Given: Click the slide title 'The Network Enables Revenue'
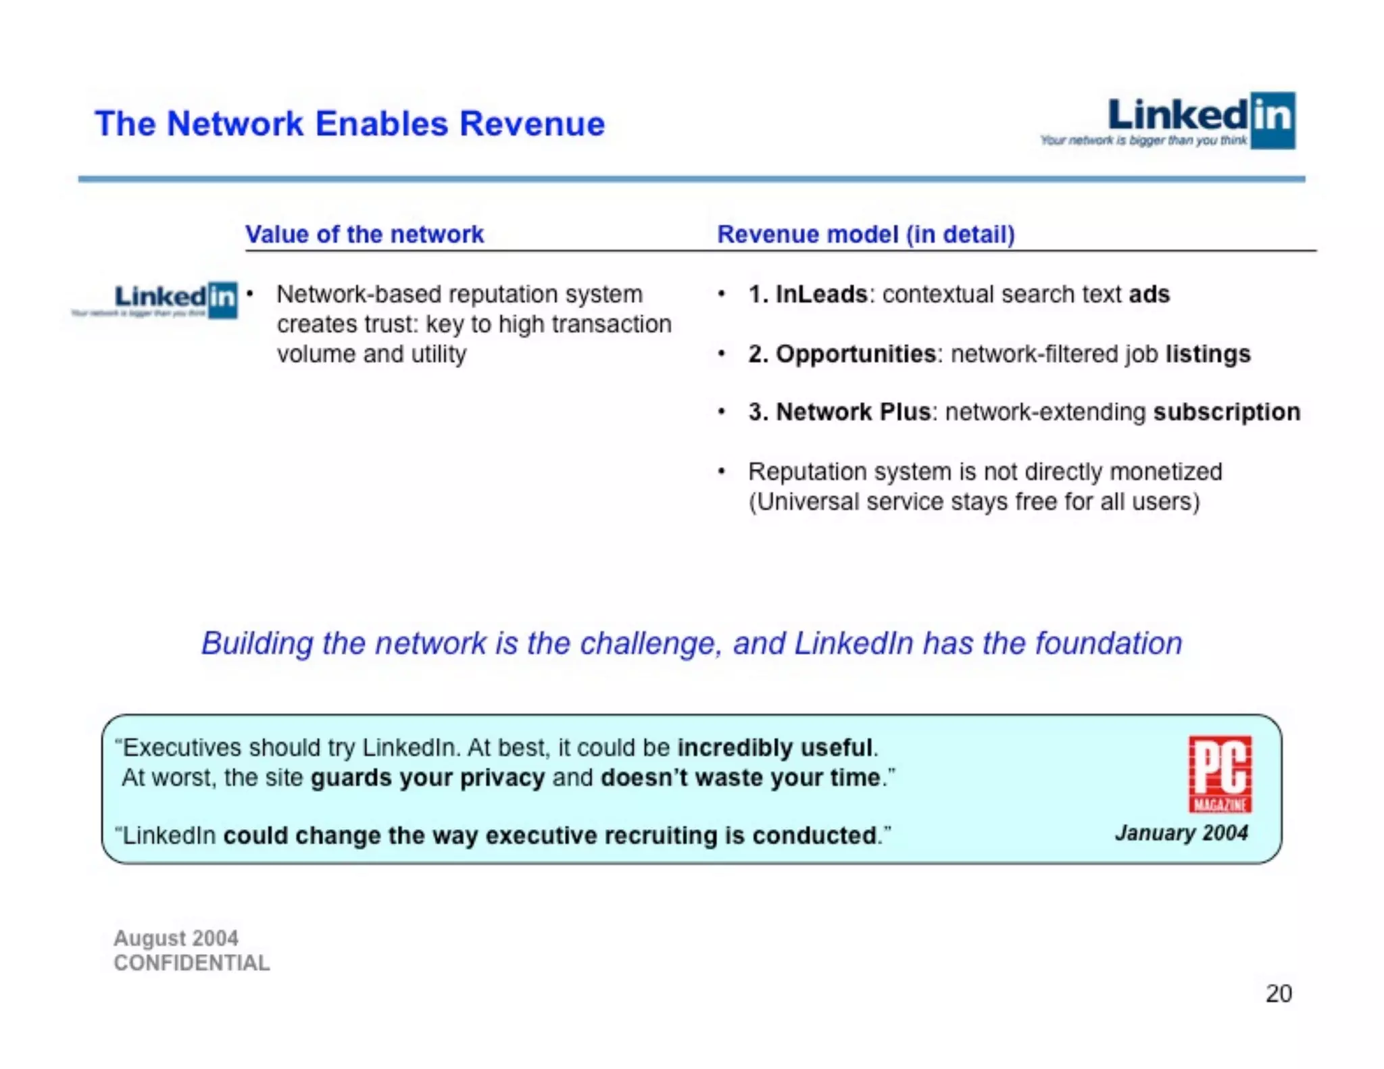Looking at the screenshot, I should tap(349, 124).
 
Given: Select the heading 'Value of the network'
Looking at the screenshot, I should tap(364, 234).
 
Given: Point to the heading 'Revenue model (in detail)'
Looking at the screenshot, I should tap(866, 234).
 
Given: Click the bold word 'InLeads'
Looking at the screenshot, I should tap(821, 295).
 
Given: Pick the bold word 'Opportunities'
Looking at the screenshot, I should tap(855, 354).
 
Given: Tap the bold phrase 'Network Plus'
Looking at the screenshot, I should tap(853, 412).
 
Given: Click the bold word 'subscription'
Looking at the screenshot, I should tap(1226, 412).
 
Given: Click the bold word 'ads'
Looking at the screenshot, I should tap(1149, 295).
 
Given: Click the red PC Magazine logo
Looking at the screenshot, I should tap(1220, 774).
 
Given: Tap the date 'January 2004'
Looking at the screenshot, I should tap(1181, 833).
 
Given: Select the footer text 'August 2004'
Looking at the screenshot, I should tap(176, 938).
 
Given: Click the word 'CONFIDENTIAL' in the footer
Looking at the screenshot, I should tap(191, 963).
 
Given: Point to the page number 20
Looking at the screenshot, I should tap(1278, 993).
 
